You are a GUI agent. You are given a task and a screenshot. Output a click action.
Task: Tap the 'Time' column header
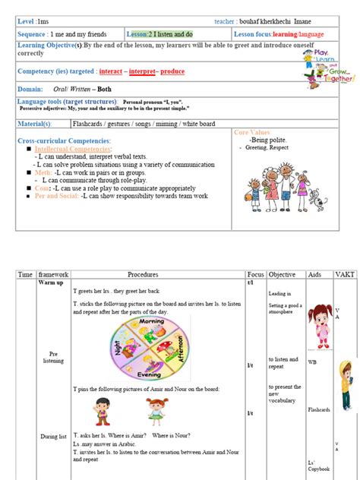pyautogui.click(x=25, y=274)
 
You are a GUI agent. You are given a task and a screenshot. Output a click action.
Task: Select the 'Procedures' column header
pyautogui.click(x=143, y=274)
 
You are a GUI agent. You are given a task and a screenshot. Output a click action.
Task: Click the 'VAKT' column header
pyautogui.click(x=345, y=274)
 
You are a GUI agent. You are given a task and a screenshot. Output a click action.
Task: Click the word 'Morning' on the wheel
pyautogui.click(x=156, y=321)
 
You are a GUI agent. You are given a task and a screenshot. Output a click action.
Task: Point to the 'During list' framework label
pyautogui.click(x=53, y=436)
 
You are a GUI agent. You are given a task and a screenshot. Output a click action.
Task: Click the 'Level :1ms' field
pyautogui.click(x=34, y=21)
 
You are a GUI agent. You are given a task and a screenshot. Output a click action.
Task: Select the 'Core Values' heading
pyautogui.click(x=254, y=132)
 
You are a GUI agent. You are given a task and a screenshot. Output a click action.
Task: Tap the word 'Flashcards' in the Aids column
pyautogui.click(x=319, y=409)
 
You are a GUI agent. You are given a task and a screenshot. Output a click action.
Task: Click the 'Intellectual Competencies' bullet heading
pyautogui.click(x=73, y=148)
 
